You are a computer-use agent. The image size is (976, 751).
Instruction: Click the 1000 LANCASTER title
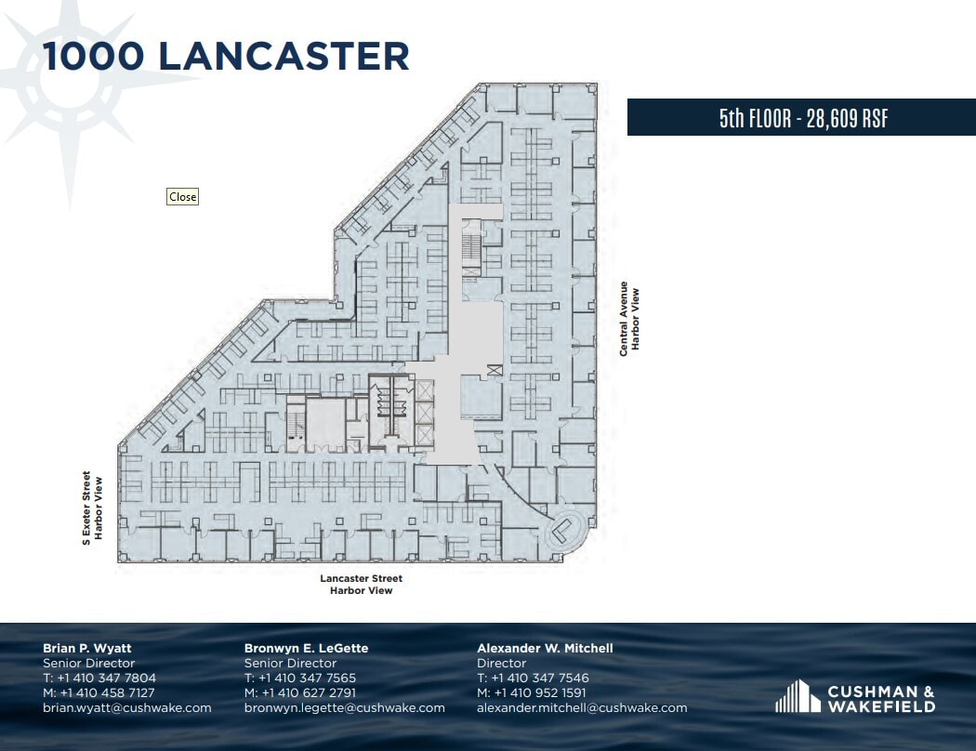click(x=226, y=57)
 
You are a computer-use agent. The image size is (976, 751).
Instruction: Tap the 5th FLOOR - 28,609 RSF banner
click(x=800, y=118)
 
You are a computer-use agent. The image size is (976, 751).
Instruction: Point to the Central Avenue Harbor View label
click(x=630, y=318)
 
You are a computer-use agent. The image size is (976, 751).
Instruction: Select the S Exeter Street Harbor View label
click(x=92, y=507)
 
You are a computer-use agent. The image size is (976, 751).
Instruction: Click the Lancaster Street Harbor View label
click(x=361, y=584)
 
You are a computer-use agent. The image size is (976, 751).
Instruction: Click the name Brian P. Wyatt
click(x=87, y=648)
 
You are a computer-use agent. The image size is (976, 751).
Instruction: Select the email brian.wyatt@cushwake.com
click(x=126, y=707)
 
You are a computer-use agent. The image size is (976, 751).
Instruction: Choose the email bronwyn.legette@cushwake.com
click(x=344, y=707)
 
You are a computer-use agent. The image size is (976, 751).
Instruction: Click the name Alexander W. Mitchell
click(x=545, y=648)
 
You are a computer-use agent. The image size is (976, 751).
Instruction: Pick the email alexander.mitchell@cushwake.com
click(x=582, y=707)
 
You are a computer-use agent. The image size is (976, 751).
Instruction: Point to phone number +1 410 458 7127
click(x=106, y=692)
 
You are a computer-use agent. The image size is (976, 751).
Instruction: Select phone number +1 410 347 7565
click(x=308, y=678)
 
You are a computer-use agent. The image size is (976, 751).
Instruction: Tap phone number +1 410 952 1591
click(x=540, y=692)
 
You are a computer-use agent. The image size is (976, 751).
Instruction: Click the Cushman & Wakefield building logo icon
click(x=798, y=696)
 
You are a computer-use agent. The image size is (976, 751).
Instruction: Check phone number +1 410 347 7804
click(x=106, y=678)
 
